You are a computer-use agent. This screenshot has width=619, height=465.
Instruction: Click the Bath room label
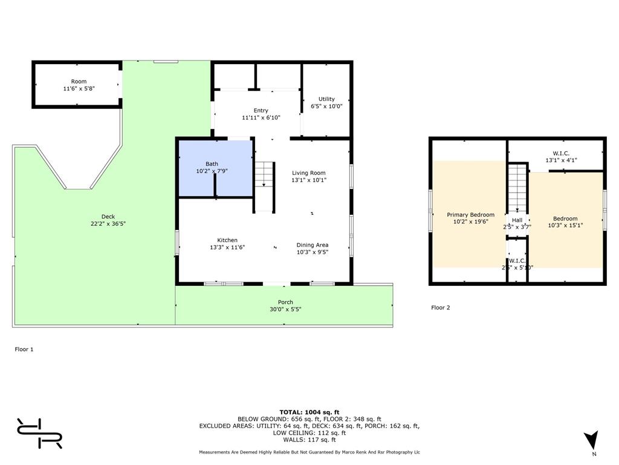212,163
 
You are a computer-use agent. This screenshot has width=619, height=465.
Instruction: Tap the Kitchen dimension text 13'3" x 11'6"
227,248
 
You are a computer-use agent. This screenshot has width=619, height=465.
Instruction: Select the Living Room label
309,173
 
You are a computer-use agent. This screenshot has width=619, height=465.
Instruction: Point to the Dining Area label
313,245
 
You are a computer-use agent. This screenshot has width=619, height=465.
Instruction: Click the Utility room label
326,99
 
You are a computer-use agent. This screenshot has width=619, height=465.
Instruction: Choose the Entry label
261,110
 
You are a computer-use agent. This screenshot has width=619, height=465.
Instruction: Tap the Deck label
108,217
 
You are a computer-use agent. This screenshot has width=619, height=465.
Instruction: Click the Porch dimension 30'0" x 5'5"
285,309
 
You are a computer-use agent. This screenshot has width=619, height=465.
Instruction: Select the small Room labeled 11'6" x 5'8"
79,85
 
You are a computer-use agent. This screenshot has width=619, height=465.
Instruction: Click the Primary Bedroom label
470,214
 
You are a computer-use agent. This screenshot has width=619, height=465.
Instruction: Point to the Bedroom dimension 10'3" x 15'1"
565,226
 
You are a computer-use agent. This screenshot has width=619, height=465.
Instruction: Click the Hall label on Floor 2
517,220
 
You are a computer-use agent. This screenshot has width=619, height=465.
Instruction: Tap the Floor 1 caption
24,349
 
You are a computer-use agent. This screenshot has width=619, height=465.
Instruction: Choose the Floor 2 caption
440,308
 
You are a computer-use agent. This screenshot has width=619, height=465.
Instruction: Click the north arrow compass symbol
591,440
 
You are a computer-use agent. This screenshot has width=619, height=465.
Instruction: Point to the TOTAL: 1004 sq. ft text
309,412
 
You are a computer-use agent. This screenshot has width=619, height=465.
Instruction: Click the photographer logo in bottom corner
39,433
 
